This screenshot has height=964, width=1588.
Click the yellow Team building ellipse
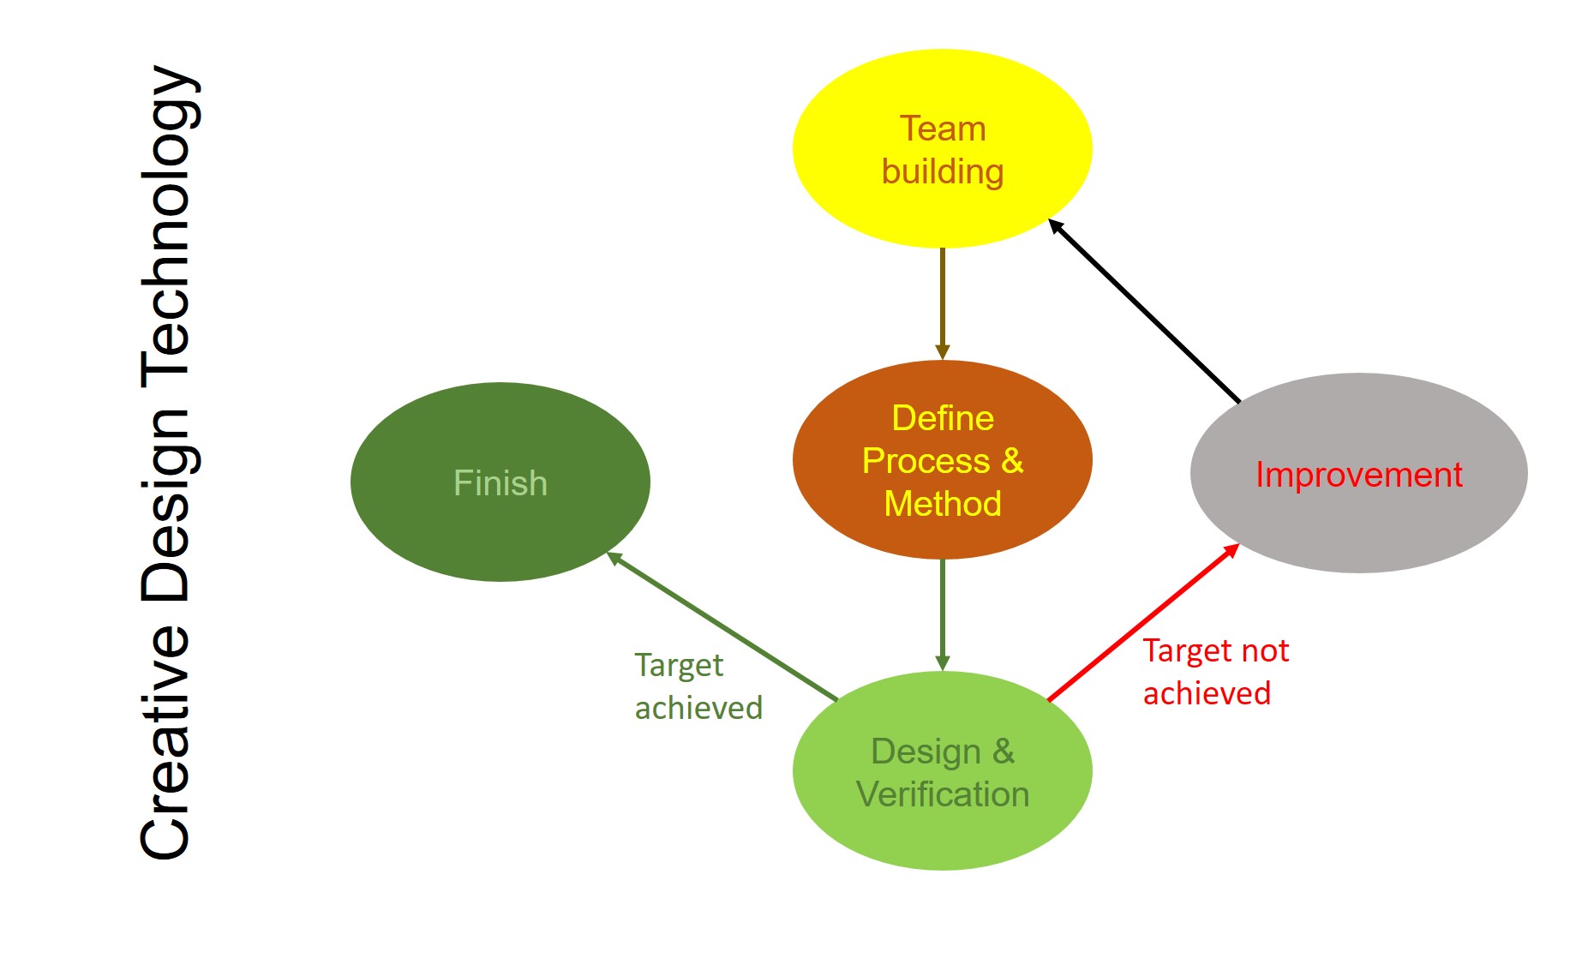pos(942,148)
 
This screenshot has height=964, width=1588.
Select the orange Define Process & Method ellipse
pos(942,460)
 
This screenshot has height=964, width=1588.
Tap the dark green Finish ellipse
pos(500,482)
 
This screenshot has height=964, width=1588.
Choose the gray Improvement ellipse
pos(1358,473)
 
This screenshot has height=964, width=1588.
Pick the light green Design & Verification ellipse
pos(942,770)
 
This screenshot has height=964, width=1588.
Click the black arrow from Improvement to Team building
pos(1144,310)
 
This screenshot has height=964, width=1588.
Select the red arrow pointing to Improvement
pos(1144,621)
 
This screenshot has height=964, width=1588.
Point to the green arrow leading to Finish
pos(722,626)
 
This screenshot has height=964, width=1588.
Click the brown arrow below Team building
pos(942,304)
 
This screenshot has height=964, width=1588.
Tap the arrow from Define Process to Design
pos(942,615)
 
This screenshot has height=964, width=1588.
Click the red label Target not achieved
pos(1216,672)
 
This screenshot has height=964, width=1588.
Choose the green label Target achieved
pos(698,686)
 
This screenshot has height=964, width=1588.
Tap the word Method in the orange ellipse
pos(943,504)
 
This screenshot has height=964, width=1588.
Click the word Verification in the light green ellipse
pos(943,794)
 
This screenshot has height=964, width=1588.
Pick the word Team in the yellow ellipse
pos(943,129)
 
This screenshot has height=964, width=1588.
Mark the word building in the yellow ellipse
pos(943,172)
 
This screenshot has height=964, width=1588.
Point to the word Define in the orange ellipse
pos(943,418)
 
